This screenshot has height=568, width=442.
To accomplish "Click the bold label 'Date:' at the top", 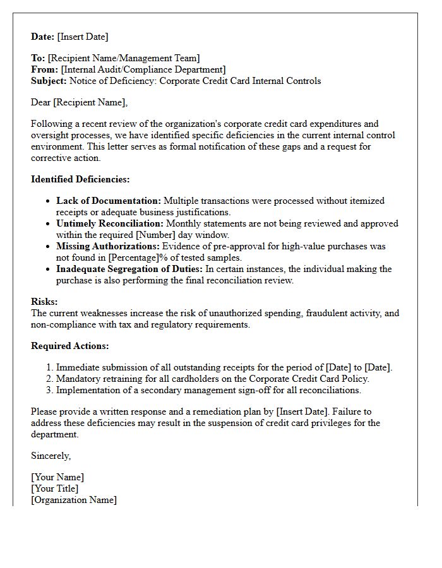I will pyautogui.click(x=43, y=37).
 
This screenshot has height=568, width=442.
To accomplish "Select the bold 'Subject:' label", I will pyautogui.click(x=49, y=81).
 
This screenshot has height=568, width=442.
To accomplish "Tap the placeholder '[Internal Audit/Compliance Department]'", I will pyautogui.click(x=143, y=69).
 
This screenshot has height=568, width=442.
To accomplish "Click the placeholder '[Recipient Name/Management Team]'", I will pyautogui.click(x=124, y=58).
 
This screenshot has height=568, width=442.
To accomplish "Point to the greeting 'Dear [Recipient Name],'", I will pyautogui.click(x=79, y=102).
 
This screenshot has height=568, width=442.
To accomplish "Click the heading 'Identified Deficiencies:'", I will pyautogui.click(x=80, y=179).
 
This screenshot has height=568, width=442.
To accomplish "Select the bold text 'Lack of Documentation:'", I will pyautogui.click(x=109, y=201).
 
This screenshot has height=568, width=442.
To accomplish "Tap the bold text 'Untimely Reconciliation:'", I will pyautogui.click(x=110, y=223).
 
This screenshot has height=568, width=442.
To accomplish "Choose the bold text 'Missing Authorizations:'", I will pyautogui.click(x=108, y=246).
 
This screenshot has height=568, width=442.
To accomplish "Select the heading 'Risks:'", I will pyautogui.click(x=44, y=302).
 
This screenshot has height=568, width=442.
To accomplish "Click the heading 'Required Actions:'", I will pyautogui.click(x=70, y=346).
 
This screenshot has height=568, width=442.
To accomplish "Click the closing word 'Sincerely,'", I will pyautogui.click(x=51, y=456).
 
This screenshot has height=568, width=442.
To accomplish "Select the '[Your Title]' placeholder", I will pyautogui.click(x=55, y=488).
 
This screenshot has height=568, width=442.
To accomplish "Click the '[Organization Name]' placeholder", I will pyautogui.click(x=74, y=500).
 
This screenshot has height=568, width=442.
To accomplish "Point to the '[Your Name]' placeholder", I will pyautogui.click(x=57, y=477).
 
